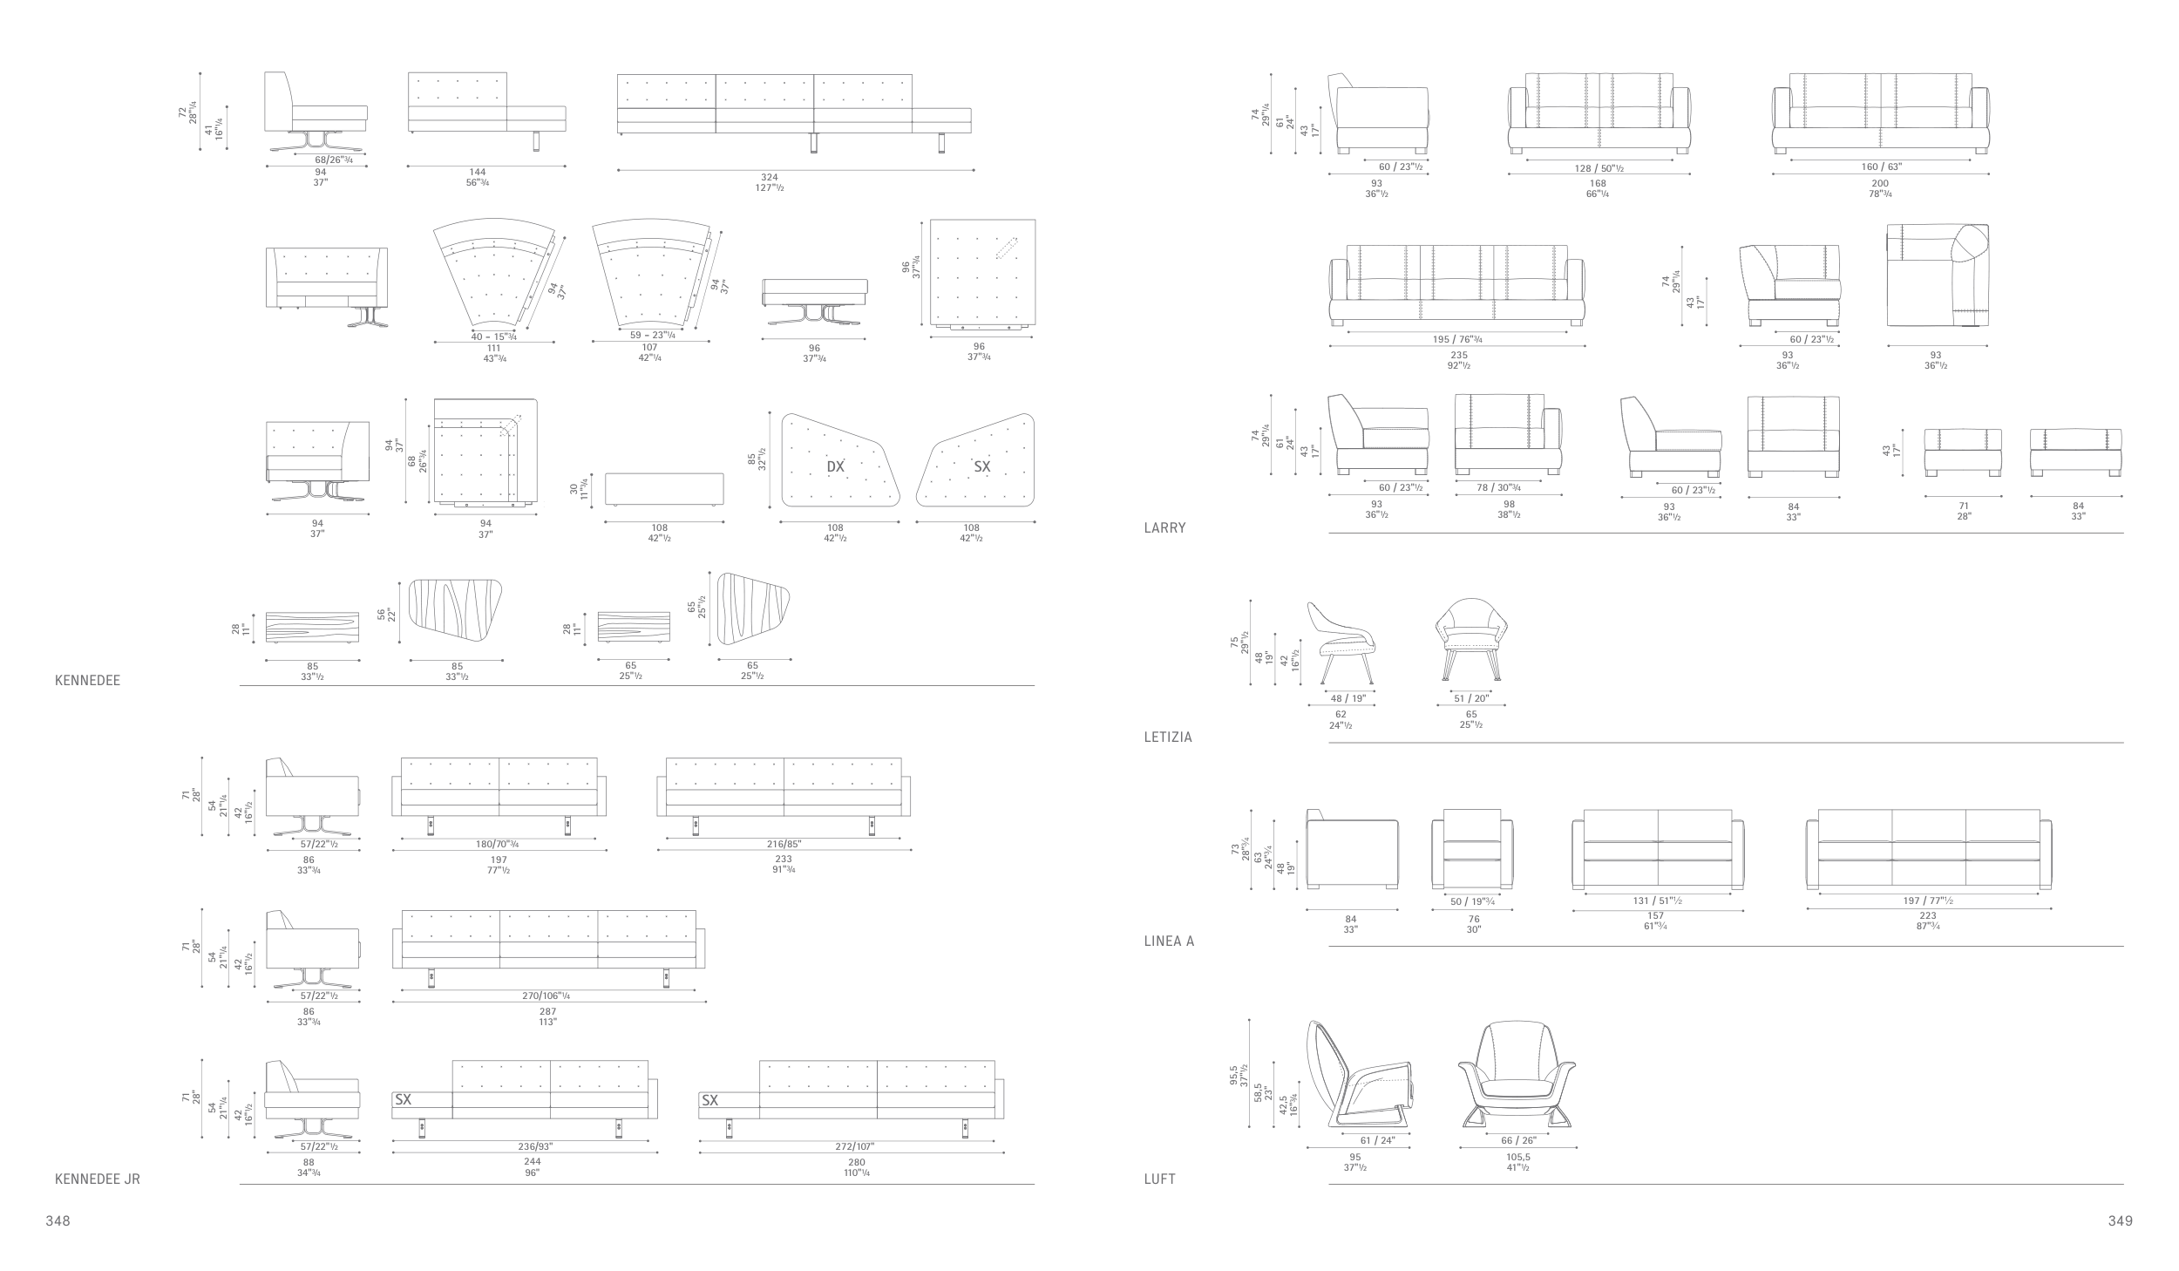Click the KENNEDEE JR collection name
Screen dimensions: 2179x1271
coord(98,1179)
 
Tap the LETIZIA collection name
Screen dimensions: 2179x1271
coord(1168,737)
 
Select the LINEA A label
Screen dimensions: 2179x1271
coord(1169,941)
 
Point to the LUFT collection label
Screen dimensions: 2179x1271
coord(1160,1179)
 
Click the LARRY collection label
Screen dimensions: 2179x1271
coord(1165,528)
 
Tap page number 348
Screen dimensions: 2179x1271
coord(58,1221)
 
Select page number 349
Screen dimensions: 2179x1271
coord(2121,1221)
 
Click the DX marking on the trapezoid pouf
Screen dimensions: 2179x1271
coord(836,466)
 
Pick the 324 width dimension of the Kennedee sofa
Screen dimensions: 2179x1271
coord(770,178)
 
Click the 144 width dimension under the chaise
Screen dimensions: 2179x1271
coord(477,173)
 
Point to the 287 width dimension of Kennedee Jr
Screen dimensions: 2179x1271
coord(547,1012)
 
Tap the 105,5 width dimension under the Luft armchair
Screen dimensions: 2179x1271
coord(1517,1158)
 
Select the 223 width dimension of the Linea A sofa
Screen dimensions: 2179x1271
coord(1927,916)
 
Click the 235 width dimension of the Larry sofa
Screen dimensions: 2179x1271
coord(1459,355)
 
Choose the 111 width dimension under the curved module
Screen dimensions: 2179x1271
coord(494,349)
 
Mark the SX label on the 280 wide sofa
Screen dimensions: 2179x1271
coord(710,1100)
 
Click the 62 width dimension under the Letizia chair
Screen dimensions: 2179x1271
coord(1341,715)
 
